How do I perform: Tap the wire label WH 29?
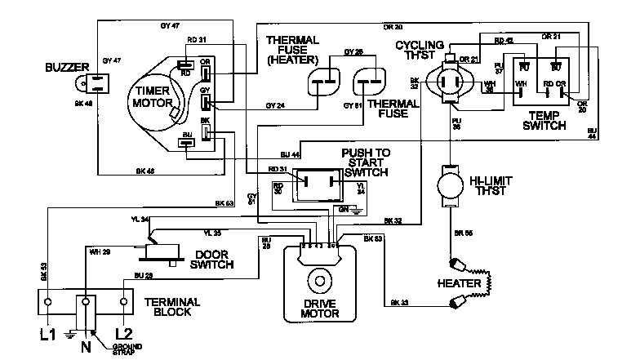(100, 251)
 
